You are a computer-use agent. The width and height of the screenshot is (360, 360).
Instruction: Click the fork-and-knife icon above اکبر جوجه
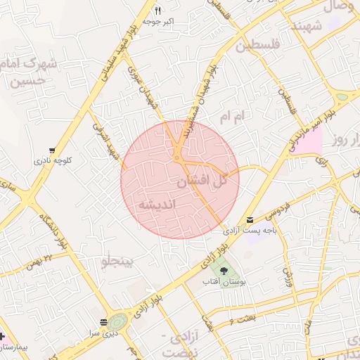point(157,11)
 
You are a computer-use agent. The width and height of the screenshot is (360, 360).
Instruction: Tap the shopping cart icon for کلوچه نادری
point(53,150)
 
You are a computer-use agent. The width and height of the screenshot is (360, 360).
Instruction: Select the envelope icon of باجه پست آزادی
point(251,220)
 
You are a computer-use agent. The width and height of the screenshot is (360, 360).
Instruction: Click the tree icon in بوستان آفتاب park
point(224,270)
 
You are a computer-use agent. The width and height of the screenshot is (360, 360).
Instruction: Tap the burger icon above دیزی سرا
point(104,321)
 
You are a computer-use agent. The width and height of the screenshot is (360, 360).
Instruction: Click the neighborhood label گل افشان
point(202,181)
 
